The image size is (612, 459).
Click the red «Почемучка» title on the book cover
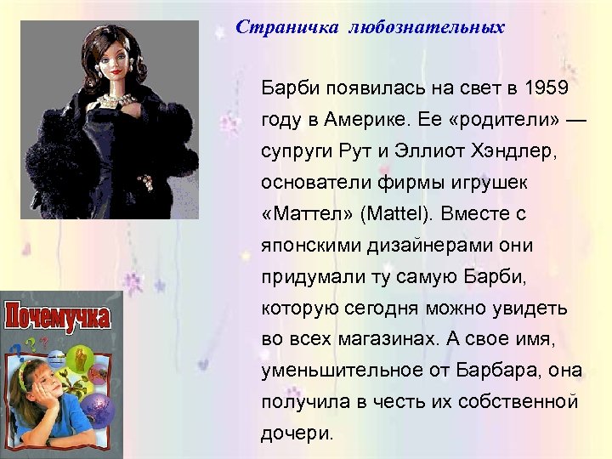point(58,317)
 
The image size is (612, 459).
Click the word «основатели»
point(316,184)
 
